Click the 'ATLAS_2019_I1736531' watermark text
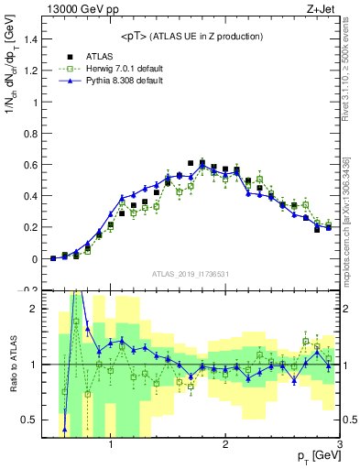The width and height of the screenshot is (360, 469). click(190, 274)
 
